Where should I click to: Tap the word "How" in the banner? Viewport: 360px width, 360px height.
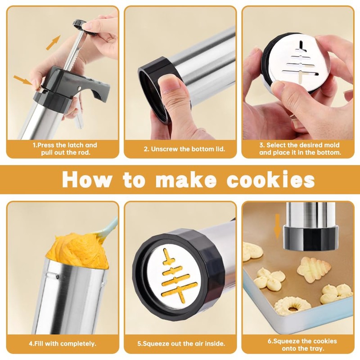click(87, 180)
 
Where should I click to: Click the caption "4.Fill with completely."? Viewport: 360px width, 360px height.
click(63, 343)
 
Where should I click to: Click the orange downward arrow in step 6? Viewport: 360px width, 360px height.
click(277, 226)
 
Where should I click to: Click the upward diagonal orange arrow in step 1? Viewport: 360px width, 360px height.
click(53, 42)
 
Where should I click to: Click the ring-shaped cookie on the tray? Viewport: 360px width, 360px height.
click(293, 306)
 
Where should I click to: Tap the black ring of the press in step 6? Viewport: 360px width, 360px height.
click(309, 238)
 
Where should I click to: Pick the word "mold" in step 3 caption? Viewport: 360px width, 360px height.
click(331, 145)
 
